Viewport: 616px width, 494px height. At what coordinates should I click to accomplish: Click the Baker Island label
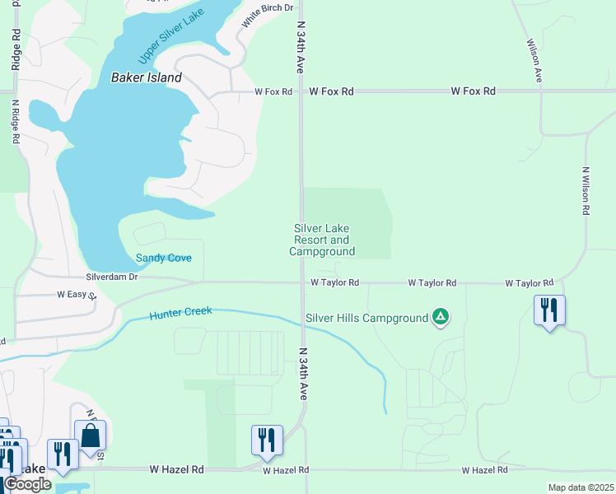click(x=146, y=78)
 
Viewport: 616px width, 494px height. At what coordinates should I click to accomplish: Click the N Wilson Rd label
click(x=586, y=192)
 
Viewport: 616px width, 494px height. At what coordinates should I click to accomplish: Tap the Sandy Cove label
click(x=164, y=258)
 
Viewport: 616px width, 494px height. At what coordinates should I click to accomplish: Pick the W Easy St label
click(x=77, y=294)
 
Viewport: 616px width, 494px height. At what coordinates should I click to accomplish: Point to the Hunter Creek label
click(x=180, y=312)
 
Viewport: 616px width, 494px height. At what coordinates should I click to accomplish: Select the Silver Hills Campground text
click(x=366, y=318)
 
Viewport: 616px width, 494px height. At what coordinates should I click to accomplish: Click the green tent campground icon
click(x=441, y=317)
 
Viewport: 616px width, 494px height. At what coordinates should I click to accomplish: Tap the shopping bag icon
click(x=90, y=436)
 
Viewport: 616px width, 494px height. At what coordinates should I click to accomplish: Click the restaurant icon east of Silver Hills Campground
click(x=549, y=310)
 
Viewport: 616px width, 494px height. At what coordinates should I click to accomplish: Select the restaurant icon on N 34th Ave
click(x=267, y=440)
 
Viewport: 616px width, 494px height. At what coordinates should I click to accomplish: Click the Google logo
click(x=28, y=484)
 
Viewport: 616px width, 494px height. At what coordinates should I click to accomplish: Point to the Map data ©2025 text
click(x=580, y=487)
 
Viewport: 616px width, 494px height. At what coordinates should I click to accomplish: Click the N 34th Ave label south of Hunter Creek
click(x=302, y=374)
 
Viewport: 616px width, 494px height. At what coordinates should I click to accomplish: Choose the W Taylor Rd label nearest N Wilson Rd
click(x=530, y=283)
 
